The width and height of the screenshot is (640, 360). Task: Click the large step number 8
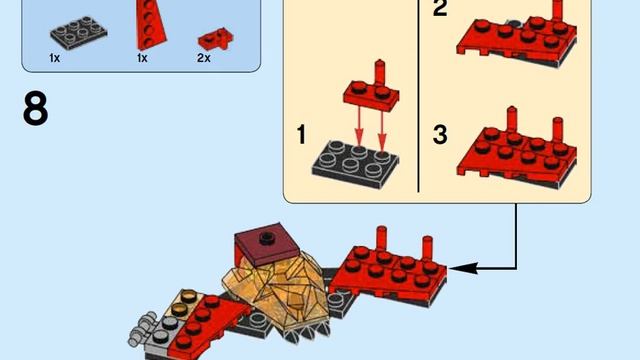point(35,109)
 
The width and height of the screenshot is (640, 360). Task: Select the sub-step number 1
point(304,133)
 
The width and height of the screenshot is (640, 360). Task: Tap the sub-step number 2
point(440,11)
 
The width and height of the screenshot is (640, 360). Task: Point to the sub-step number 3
point(440,133)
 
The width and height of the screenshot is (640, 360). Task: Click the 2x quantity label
point(203,58)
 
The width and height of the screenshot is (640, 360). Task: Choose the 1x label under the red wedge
point(142,58)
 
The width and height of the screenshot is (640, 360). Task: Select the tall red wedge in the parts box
point(149,22)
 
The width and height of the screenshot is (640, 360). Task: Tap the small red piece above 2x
point(211,39)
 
